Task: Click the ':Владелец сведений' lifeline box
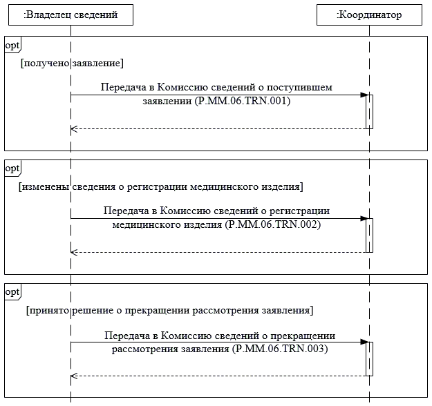pos(71,14)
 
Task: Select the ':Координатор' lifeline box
pos(369,14)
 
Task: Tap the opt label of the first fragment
pos(12,45)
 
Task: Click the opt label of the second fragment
pos(12,168)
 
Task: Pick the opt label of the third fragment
pos(12,292)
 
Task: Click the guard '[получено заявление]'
pos(72,64)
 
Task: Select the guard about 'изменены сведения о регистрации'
pos(161,187)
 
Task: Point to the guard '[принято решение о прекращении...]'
pos(170,310)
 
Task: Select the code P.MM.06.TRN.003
pos(280,349)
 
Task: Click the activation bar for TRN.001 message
pos(370,111)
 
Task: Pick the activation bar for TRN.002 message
pos(370,235)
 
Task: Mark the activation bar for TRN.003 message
pos(370,359)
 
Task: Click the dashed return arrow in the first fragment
pos(218,128)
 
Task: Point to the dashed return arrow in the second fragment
pos(218,252)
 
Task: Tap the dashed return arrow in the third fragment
pos(218,376)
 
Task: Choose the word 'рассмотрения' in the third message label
pos(141,349)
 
